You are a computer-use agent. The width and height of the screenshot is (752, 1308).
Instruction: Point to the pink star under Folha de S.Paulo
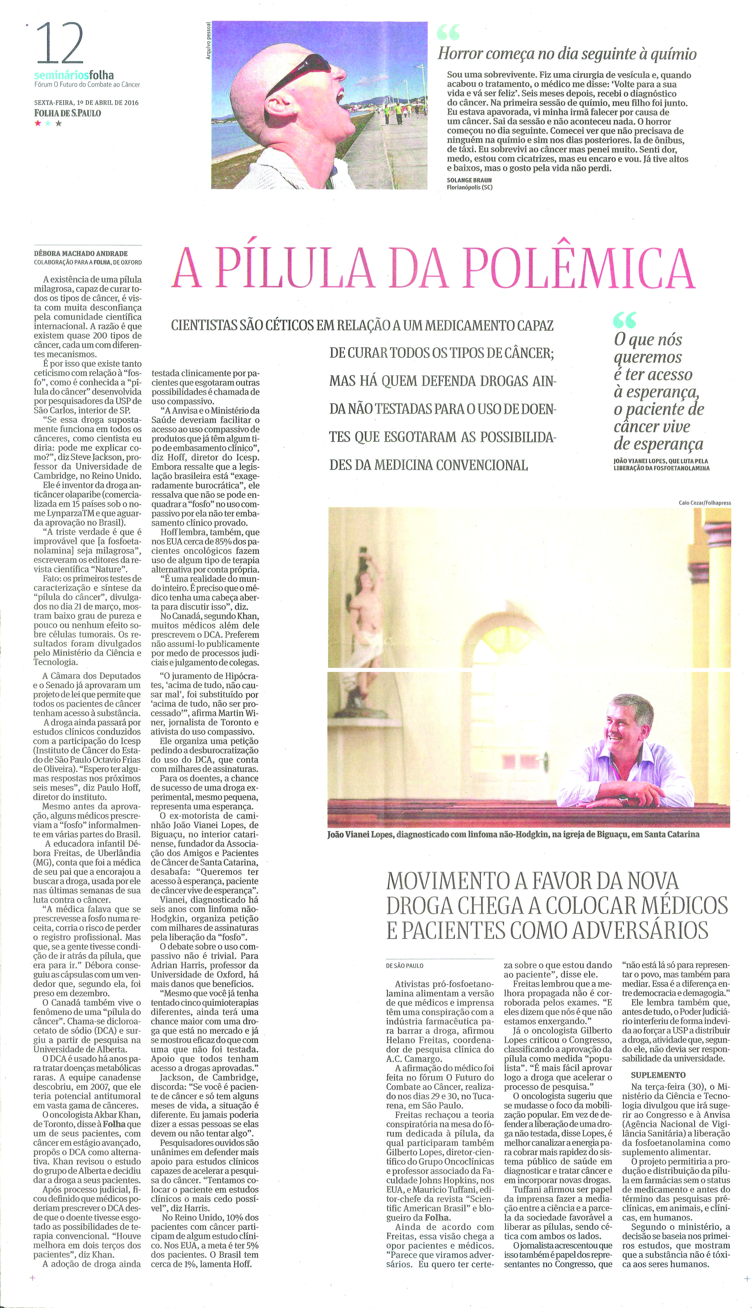(37, 123)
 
